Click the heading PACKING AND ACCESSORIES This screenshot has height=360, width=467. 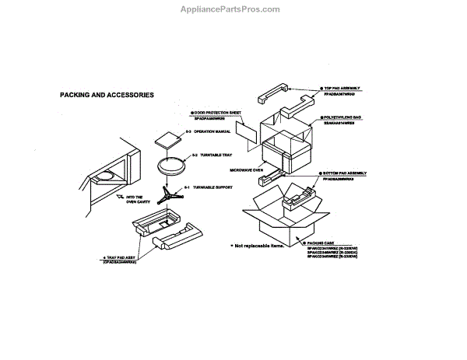[x=107, y=95]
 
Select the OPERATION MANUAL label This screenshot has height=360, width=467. [x=208, y=132]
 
